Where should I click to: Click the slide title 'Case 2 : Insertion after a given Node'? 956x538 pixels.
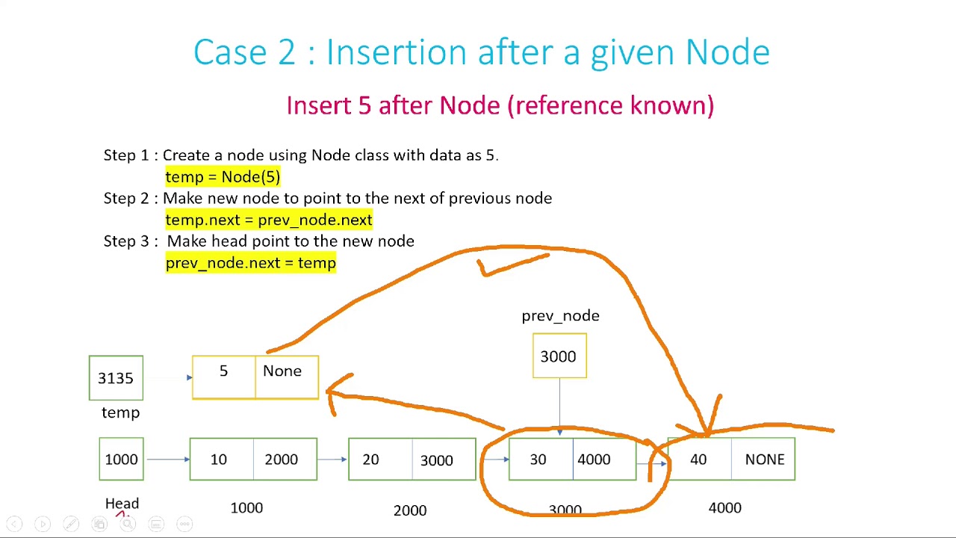481,52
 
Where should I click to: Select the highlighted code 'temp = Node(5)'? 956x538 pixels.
223,177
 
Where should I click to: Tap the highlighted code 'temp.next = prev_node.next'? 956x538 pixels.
268,220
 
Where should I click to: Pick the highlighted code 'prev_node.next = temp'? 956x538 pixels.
250,263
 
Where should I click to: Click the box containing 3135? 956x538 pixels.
116,378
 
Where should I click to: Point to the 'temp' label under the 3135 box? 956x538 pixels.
120,412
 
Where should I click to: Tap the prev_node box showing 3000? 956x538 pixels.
559,356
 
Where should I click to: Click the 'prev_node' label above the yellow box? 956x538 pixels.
560,316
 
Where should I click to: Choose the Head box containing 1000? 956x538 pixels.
121,460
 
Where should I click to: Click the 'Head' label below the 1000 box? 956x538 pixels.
122,504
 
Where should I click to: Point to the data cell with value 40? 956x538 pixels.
699,460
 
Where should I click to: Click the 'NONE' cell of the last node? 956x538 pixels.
763,460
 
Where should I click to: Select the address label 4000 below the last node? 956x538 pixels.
724,508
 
